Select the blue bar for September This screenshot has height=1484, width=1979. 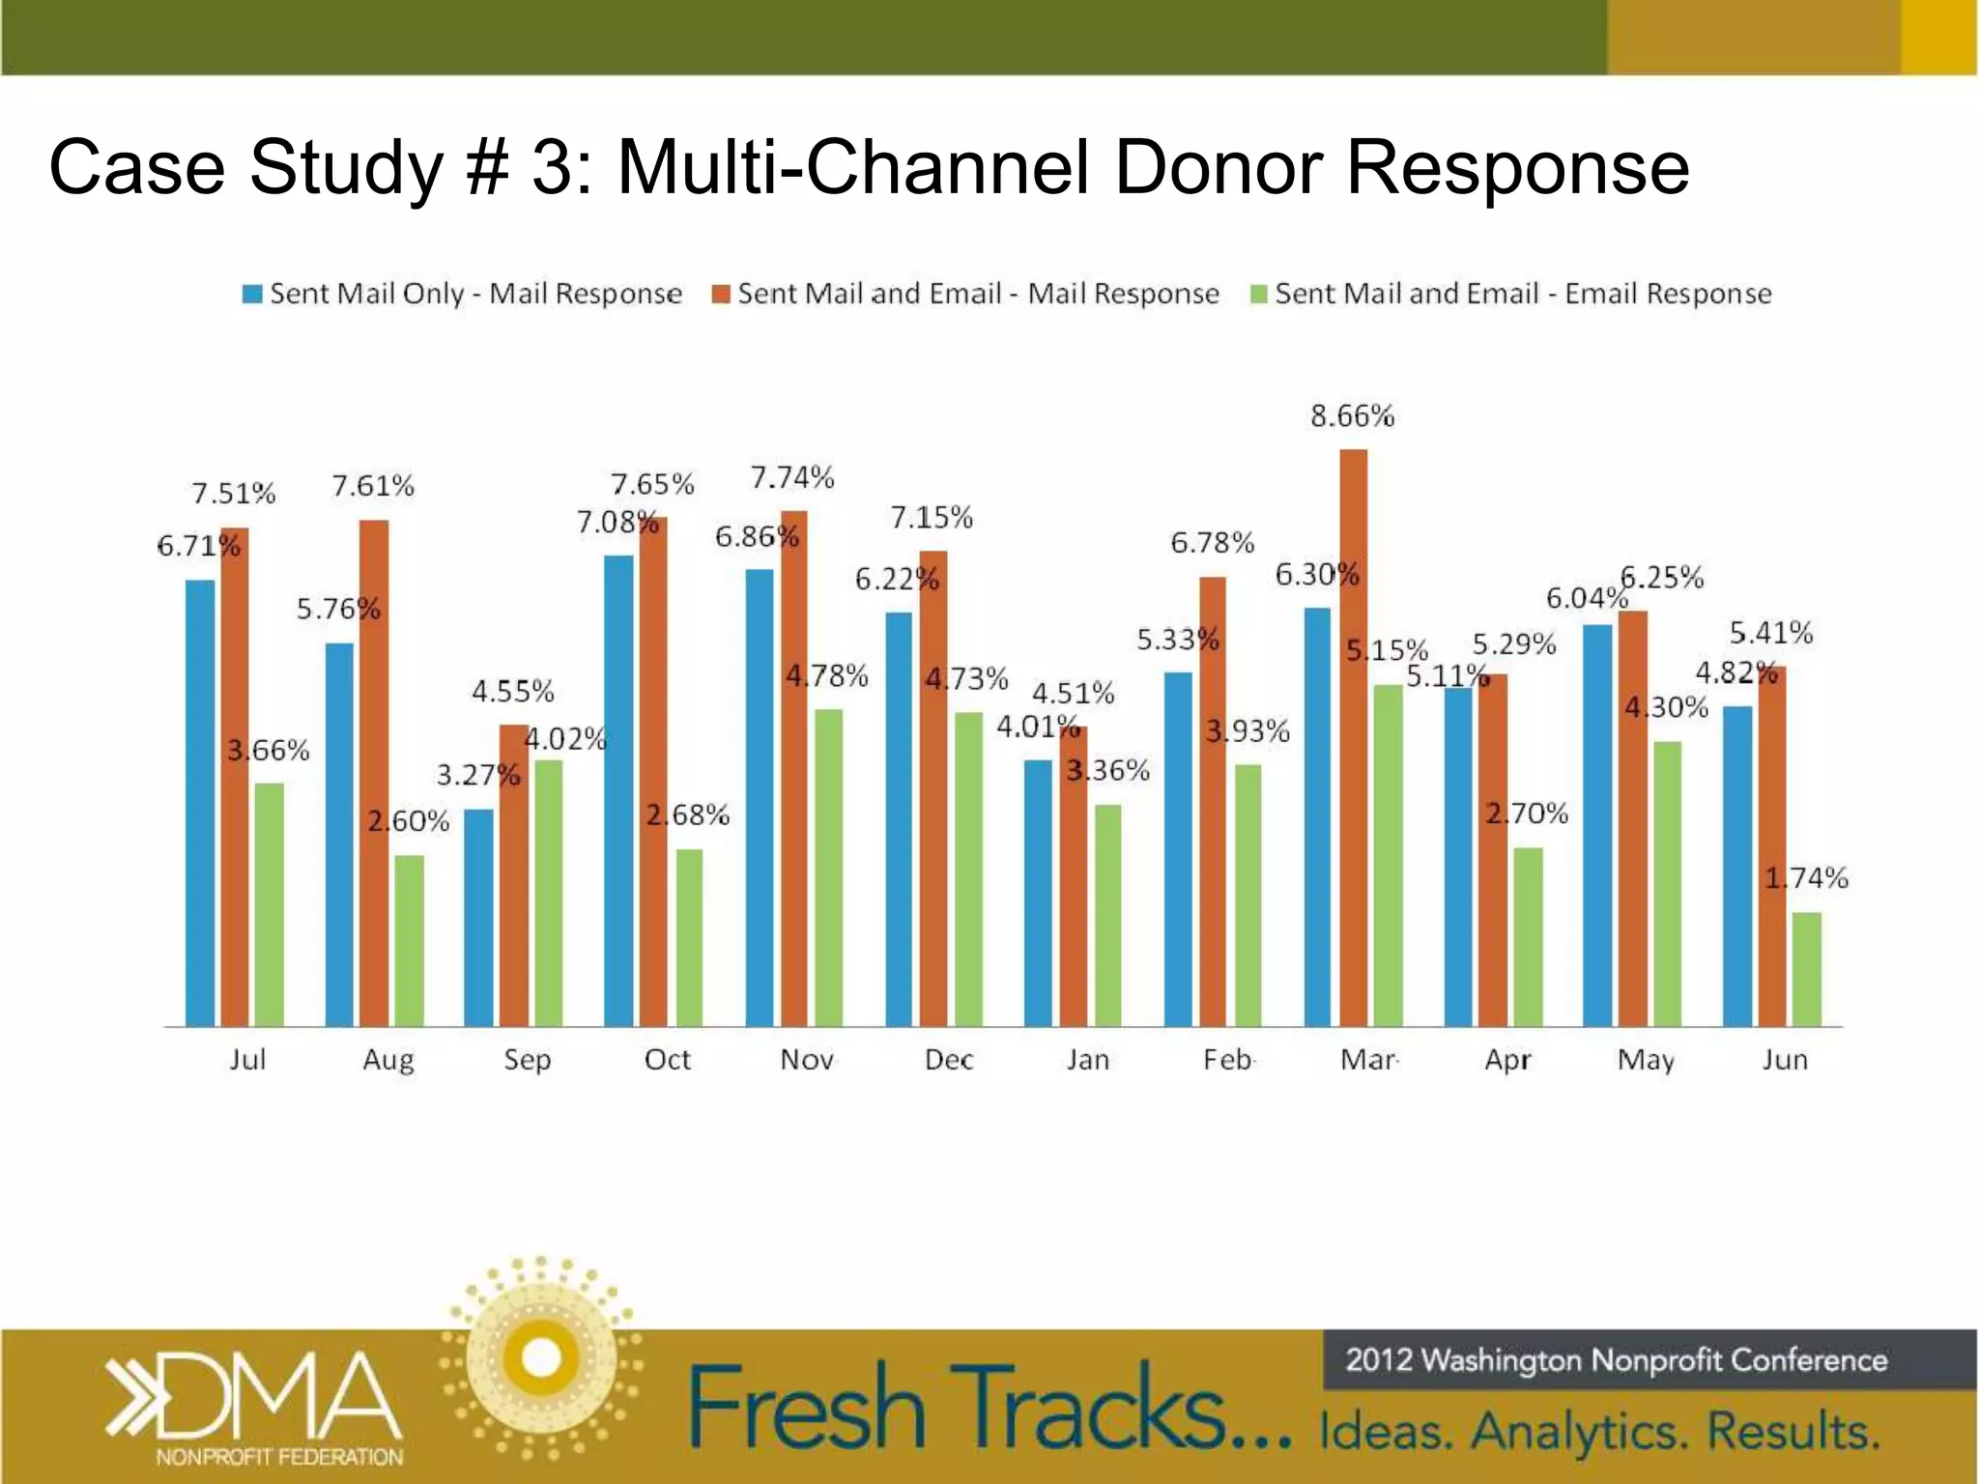(x=478, y=917)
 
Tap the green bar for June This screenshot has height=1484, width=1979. (x=1806, y=968)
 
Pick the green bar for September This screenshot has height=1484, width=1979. (x=548, y=893)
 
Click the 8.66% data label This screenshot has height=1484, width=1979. (x=1352, y=416)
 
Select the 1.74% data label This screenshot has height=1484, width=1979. (x=1806, y=878)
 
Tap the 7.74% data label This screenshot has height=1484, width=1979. (x=792, y=477)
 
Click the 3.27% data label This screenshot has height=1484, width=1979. (x=477, y=775)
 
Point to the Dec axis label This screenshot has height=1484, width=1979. (x=948, y=1060)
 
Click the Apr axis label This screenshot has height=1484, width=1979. (x=1507, y=1060)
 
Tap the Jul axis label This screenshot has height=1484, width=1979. (x=247, y=1060)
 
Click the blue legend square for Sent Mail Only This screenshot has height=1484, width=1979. (x=252, y=294)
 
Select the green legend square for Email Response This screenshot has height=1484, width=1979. (x=1258, y=294)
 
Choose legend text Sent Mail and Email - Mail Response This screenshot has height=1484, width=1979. (x=978, y=294)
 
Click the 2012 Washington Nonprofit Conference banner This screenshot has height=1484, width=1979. (x=1616, y=1360)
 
